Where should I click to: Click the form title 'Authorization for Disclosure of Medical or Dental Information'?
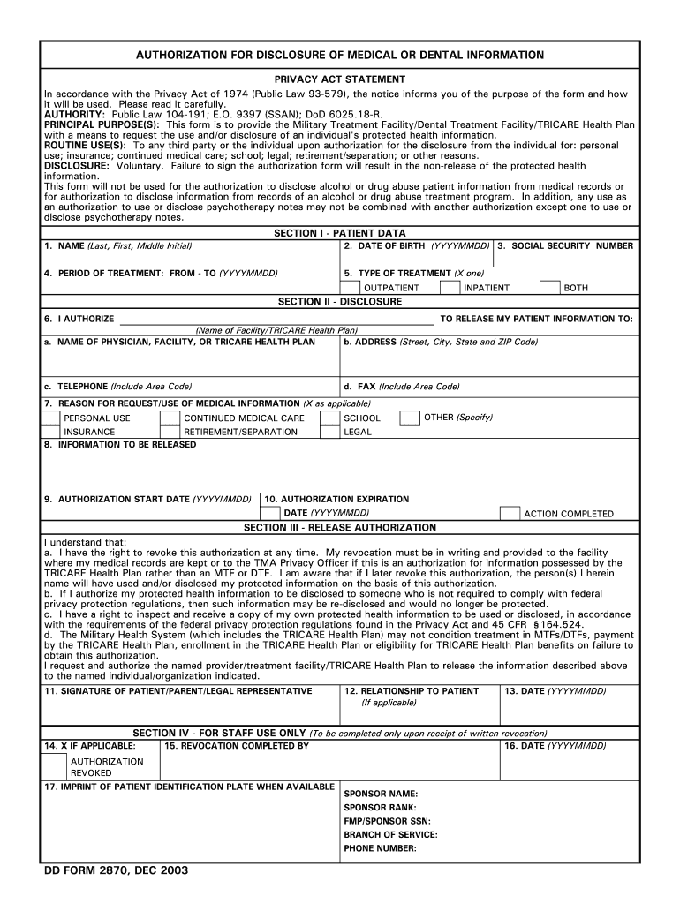(x=340, y=56)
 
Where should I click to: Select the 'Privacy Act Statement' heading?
(x=340, y=79)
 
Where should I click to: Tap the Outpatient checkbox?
(x=350, y=288)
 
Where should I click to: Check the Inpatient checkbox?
(x=451, y=288)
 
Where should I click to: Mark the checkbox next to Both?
(x=549, y=288)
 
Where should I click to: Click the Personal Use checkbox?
(x=51, y=418)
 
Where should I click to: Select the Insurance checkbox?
(x=51, y=432)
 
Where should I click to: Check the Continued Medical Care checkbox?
(x=170, y=418)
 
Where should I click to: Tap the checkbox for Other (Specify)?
(x=410, y=418)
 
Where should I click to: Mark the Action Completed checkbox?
(x=510, y=513)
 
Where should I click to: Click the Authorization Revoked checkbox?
(x=55, y=765)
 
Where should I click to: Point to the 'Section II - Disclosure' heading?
(x=340, y=301)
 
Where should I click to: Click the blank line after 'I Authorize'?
(x=276, y=319)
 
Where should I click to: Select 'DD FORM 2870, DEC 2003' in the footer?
(x=116, y=870)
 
